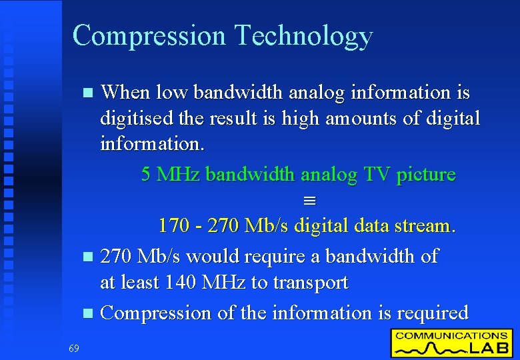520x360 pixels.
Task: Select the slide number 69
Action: (x=73, y=347)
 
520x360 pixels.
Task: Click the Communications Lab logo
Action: (x=452, y=342)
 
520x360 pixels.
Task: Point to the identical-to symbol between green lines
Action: (x=299, y=201)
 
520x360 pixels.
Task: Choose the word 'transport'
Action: (x=310, y=283)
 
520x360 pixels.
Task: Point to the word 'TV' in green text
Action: (x=377, y=175)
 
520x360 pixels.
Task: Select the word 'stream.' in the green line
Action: (x=425, y=226)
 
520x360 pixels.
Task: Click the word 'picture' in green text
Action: (x=426, y=175)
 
